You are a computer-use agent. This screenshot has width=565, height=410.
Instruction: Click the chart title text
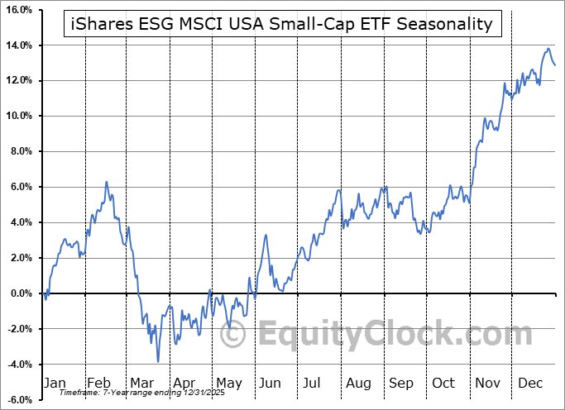(282, 24)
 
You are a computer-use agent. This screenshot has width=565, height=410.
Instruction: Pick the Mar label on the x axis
(141, 384)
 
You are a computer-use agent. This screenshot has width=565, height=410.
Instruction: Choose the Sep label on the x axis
(401, 384)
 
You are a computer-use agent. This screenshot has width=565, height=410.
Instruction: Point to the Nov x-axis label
(489, 384)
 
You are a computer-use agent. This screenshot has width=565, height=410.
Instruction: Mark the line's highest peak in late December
(548, 49)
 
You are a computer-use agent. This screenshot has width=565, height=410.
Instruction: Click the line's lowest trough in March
(158, 361)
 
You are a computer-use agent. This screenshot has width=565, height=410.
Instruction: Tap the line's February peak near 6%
(106, 182)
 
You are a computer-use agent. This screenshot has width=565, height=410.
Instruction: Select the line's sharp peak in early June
(266, 236)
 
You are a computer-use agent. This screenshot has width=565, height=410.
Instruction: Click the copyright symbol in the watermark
(235, 335)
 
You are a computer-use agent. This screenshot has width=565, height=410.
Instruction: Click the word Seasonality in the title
(446, 24)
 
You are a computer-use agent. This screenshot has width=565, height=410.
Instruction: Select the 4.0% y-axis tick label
(19, 222)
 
